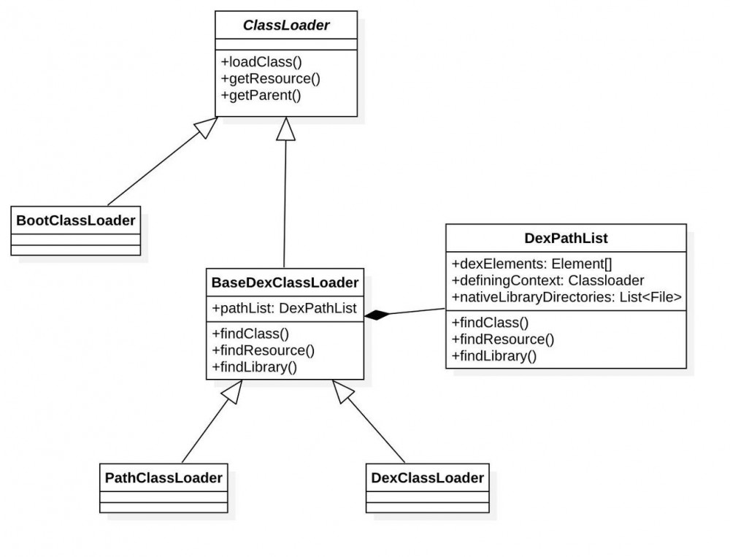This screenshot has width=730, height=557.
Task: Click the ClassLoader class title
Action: (x=286, y=26)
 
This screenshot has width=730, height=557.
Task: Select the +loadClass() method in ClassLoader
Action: (x=261, y=62)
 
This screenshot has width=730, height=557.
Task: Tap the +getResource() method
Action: (x=270, y=78)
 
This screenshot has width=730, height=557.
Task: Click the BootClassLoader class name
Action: (x=75, y=219)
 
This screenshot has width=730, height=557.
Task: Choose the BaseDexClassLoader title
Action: (x=285, y=282)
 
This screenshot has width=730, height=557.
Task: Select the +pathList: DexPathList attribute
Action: (x=284, y=309)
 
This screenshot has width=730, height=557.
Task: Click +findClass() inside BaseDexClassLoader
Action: (x=251, y=334)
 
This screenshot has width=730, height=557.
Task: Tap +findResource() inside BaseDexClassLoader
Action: (x=263, y=350)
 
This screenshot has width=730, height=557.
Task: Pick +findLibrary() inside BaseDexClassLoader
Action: (x=254, y=366)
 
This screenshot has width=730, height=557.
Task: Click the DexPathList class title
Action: (x=566, y=238)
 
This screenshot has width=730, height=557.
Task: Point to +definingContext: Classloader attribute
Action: (x=547, y=280)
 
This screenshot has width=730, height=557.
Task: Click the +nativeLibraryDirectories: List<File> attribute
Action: (x=566, y=296)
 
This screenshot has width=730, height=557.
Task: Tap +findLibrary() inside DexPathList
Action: (x=494, y=356)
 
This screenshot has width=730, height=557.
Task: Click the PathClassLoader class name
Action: (x=164, y=478)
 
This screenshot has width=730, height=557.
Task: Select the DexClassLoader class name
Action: (x=427, y=478)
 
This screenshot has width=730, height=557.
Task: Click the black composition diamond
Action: (x=378, y=315)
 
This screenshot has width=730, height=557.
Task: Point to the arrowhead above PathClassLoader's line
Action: (x=234, y=391)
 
